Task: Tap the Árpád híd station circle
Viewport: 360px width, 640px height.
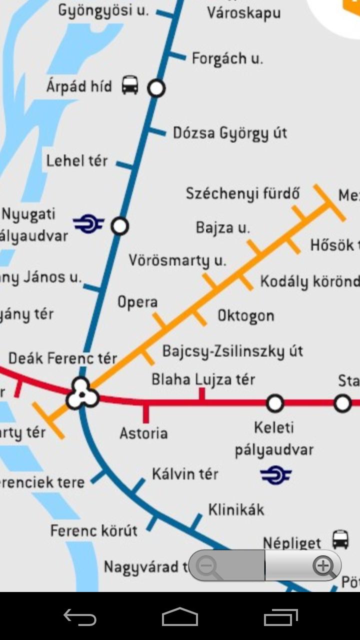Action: click(x=156, y=88)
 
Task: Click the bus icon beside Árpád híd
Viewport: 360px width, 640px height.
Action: click(x=130, y=85)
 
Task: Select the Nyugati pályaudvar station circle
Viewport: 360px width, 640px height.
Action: click(x=119, y=226)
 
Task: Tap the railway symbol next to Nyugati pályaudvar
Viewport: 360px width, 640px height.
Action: click(x=88, y=223)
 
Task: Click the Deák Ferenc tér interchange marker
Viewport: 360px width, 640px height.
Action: click(x=81, y=393)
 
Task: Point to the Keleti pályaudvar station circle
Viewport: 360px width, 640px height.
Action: click(x=275, y=403)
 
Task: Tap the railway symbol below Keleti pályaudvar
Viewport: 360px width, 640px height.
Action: click(x=276, y=475)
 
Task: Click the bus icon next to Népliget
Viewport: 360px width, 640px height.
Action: click(x=340, y=540)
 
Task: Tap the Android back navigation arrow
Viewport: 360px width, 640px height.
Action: click(x=80, y=617)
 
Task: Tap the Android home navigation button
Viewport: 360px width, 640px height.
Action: click(x=180, y=617)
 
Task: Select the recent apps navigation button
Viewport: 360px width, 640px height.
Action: click(x=281, y=617)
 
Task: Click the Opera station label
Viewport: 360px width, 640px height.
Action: click(x=137, y=302)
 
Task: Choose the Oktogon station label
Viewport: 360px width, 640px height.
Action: click(x=246, y=316)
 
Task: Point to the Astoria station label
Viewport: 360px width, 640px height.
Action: click(x=143, y=433)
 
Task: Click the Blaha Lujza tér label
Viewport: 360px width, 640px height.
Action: click(x=203, y=380)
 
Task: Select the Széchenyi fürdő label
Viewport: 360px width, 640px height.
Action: click(x=243, y=193)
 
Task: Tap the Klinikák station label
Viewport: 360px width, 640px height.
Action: click(x=236, y=510)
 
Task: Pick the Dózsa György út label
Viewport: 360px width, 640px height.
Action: click(x=230, y=133)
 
